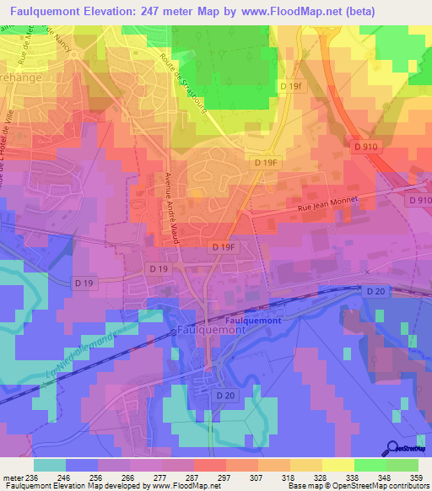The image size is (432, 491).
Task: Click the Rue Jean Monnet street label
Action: point(316,202)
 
